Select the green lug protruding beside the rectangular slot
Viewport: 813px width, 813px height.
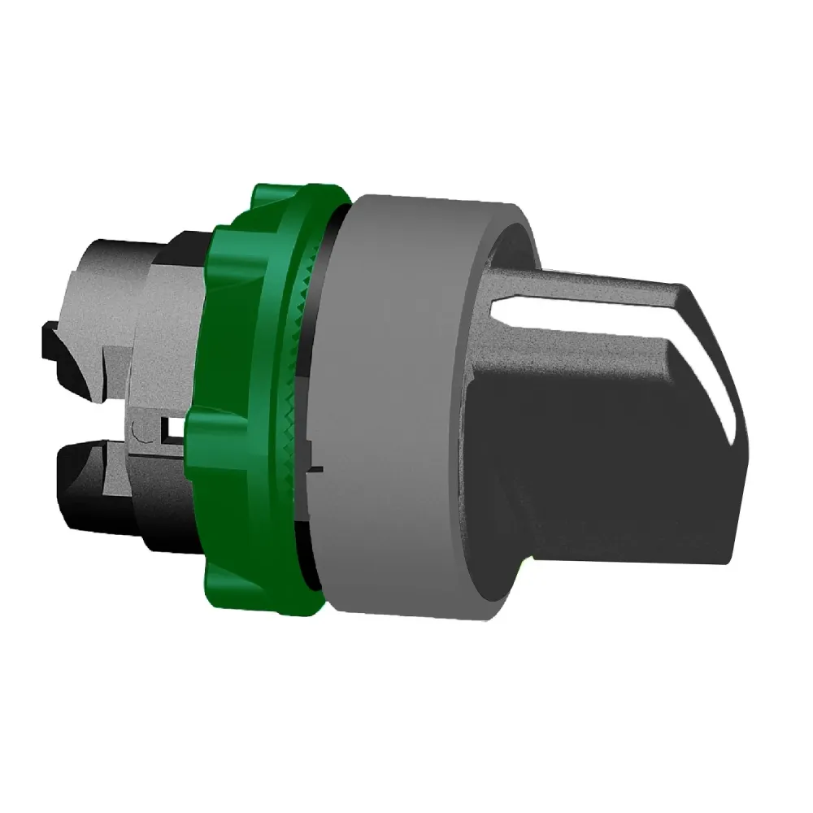[199, 431]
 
